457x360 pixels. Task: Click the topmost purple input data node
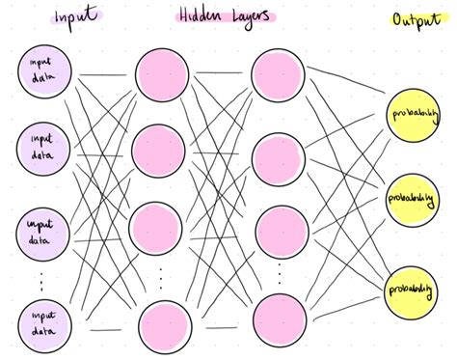[44, 75]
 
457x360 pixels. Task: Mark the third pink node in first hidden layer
[158, 228]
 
